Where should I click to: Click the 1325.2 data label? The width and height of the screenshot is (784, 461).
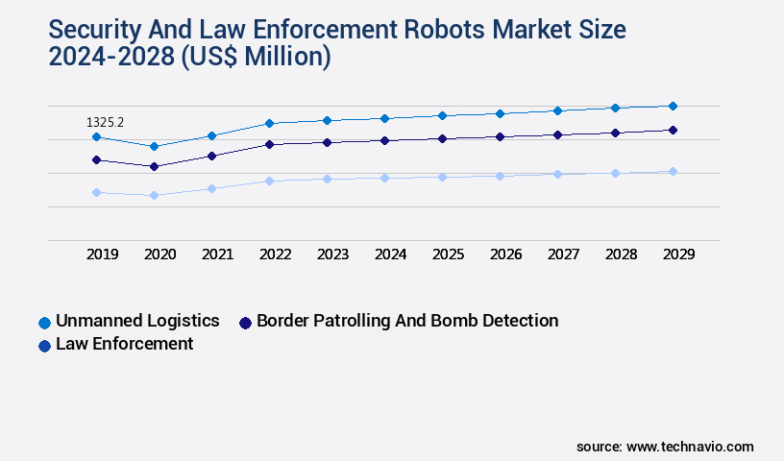[x=106, y=122]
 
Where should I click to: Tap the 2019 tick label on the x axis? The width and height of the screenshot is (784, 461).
[x=103, y=255]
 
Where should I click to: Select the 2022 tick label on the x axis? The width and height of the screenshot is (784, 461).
[x=276, y=255]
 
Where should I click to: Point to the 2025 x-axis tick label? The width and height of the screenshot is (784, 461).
[x=449, y=255]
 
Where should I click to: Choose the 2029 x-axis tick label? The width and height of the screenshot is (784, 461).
[x=678, y=255]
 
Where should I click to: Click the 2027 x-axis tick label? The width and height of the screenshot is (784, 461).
[x=563, y=255]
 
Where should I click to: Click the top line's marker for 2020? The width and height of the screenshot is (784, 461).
[x=154, y=146]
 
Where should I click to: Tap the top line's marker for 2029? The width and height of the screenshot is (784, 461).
[x=673, y=106]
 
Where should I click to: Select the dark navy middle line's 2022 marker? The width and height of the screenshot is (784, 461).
[x=269, y=144]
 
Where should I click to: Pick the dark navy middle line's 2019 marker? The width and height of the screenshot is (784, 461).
[x=96, y=159]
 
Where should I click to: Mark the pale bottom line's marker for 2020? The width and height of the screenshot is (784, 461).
[x=154, y=195]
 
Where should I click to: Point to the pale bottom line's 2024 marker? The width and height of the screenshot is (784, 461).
[x=384, y=178]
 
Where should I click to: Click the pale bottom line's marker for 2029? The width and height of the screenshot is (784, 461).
[x=673, y=171]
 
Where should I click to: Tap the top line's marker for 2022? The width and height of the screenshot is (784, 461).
[x=269, y=123]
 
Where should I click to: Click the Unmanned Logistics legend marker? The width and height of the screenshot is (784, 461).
[x=44, y=322]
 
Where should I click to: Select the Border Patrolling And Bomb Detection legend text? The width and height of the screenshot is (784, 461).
[x=407, y=321]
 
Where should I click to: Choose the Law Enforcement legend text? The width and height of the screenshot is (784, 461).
[x=125, y=344]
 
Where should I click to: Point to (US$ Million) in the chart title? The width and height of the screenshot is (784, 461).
[x=256, y=58]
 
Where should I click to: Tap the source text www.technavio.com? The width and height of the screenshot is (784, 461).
[x=690, y=447]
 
